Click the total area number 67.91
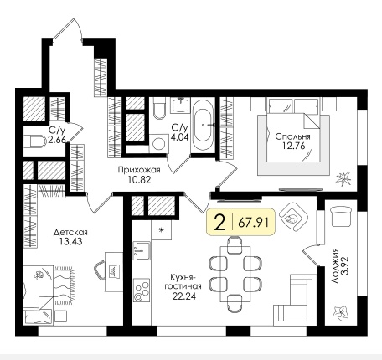(x=254, y=223)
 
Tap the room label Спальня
(x=292, y=136)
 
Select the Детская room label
(x=70, y=232)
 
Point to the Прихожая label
(x=139, y=170)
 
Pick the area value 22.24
(x=184, y=296)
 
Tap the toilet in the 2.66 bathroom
(x=35, y=141)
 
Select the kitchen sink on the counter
(x=142, y=250)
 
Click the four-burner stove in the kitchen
(x=142, y=291)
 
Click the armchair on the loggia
(x=341, y=217)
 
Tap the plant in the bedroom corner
(x=343, y=178)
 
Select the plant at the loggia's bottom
(x=341, y=313)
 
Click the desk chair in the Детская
(x=99, y=270)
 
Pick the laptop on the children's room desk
(x=114, y=270)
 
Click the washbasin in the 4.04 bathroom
(x=180, y=105)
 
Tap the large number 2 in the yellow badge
(x=219, y=223)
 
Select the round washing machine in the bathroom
(x=159, y=143)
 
